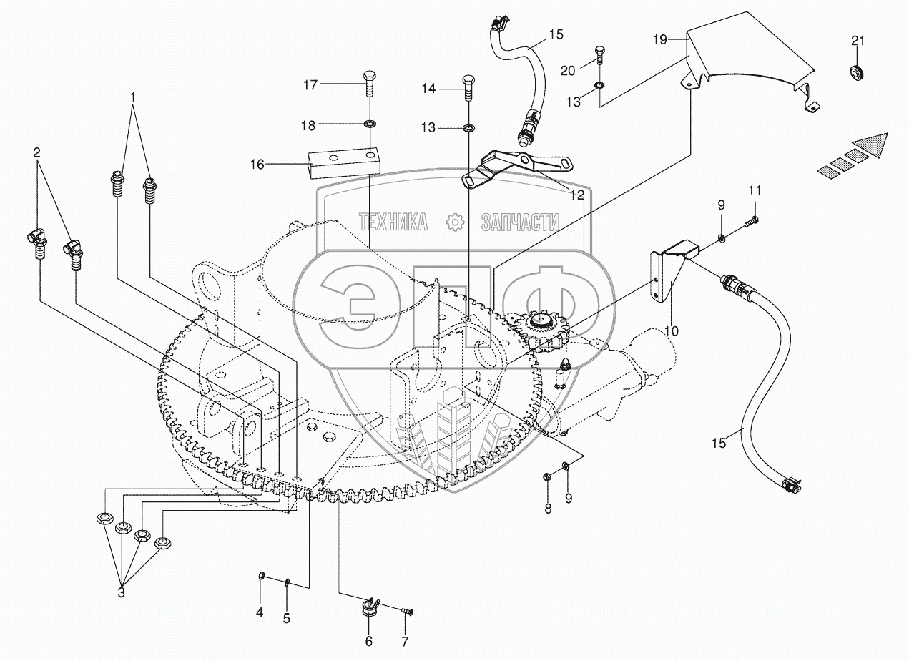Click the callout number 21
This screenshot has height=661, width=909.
tap(858, 41)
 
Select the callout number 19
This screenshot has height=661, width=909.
tap(659, 39)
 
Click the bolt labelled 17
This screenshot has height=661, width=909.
tap(369, 84)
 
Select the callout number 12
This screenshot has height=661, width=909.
tap(576, 194)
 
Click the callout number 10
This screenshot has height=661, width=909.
tap(671, 330)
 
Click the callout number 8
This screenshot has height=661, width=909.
tap(548, 510)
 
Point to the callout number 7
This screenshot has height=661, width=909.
tap(405, 640)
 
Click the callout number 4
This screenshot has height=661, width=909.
tap(260, 612)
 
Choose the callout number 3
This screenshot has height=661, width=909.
tap(121, 592)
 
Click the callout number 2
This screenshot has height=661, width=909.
tap(36, 152)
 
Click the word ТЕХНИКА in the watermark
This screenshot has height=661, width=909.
tap(393, 222)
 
